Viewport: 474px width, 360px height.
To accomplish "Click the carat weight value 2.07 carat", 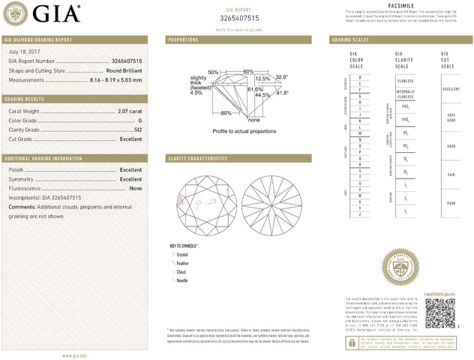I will pyautogui.click(x=130, y=112).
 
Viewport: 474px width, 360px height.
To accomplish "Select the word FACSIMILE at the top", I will pyautogui.click(x=397, y=4).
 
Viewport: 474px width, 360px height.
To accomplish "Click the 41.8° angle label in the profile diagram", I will pyautogui.click(x=283, y=93).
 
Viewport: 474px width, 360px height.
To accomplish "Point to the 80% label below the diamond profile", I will pyautogui.click(x=226, y=113).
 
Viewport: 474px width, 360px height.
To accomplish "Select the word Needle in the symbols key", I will pyautogui.click(x=183, y=280).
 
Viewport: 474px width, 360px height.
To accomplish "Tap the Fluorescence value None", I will pyautogui.click(x=136, y=188).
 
